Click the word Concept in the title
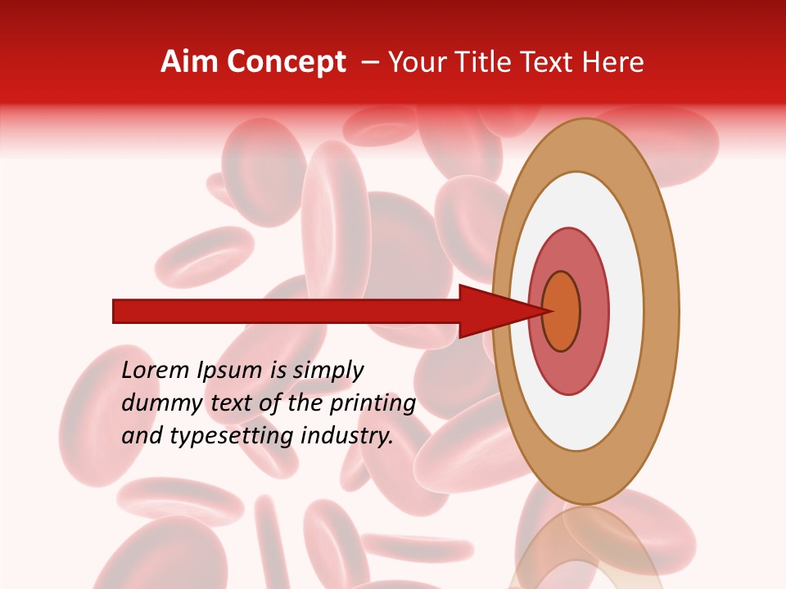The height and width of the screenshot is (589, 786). tap(287, 62)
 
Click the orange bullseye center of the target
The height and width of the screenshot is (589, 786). tap(561, 312)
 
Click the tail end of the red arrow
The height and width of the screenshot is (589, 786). tap(116, 311)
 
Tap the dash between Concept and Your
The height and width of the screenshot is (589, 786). tap(370, 63)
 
